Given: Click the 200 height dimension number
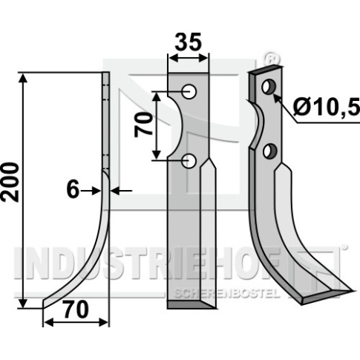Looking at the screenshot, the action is pos(10,182).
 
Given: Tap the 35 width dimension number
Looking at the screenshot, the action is pos(188,42).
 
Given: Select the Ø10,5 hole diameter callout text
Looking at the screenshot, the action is pos(327,108).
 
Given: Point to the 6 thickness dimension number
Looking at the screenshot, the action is pos(73,190).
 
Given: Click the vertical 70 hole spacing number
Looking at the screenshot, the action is pos(143,125).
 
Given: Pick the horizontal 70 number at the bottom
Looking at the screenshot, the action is pos(76,309).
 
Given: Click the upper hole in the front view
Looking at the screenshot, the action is pos(189,92).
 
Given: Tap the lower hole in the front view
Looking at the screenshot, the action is pos(189,161).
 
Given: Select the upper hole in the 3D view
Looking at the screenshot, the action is pos(269,87).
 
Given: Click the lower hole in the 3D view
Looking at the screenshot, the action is pos(269,151).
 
